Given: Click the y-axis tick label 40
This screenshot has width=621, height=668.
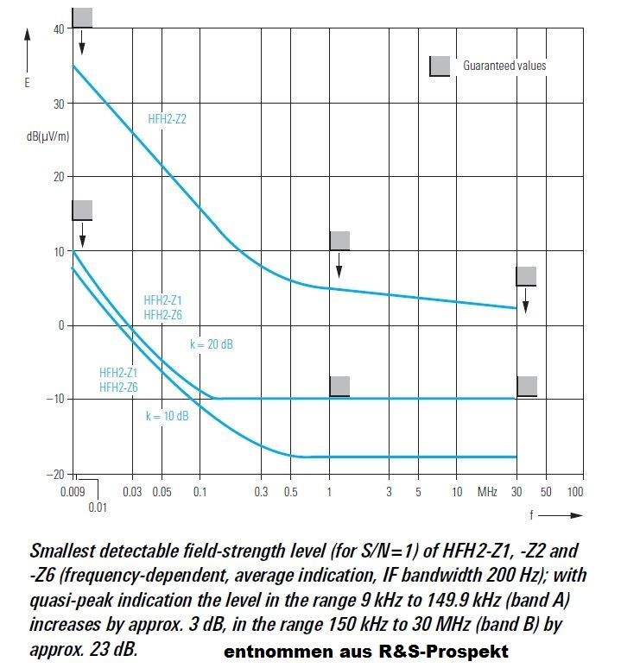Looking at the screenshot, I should pyautogui.click(x=59, y=29).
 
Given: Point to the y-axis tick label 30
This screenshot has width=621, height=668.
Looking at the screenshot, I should pyautogui.click(x=59, y=104).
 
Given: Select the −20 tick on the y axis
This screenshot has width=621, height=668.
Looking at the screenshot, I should pyautogui.click(x=54, y=473).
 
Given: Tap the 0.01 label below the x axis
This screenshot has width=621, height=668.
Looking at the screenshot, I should pyautogui.click(x=98, y=507).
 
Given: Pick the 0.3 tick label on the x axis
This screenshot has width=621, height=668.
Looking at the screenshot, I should pyautogui.click(x=262, y=492).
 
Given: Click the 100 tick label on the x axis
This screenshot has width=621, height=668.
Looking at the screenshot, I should pyautogui.click(x=574, y=492).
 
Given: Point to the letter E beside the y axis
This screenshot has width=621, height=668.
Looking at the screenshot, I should pyautogui.click(x=28, y=84).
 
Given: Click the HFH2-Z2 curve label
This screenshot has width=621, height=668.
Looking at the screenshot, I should pyautogui.click(x=167, y=120).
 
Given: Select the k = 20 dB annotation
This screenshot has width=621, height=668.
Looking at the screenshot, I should pyautogui.click(x=212, y=344).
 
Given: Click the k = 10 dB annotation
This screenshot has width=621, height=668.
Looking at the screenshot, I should pyautogui.click(x=167, y=416).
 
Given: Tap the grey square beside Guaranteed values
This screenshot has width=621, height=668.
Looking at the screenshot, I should pyautogui.click(x=440, y=66).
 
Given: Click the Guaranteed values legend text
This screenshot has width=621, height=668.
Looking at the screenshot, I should pyautogui.click(x=504, y=66).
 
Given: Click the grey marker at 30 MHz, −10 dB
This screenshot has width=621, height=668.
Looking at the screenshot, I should pyautogui.click(x=526, y=386).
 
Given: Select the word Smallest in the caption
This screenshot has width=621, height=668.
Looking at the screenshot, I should pyautogui.click(x=64, y=551).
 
